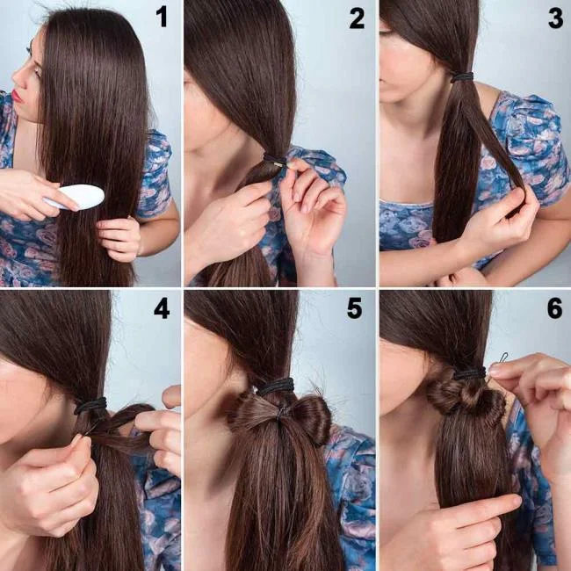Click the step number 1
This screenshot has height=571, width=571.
pyautogui.click(x=162, y=17)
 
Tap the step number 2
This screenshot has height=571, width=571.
pyautogui.click(x=356, y=18)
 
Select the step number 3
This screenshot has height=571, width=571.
pyautogui.click(x=554, y=18)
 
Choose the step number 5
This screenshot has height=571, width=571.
pyautogui.click(x=354, y=309)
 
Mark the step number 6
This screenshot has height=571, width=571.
pyautogui.click(x=553, y=309)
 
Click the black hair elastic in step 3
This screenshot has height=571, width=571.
pyautogui.click(x=462, y=77)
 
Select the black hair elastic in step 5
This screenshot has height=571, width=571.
pyautogui.click(x=275, y=387)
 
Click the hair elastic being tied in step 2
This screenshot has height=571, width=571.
pyautogui.click(x=275, y=161)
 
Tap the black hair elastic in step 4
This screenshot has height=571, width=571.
pyautogui.click(x=90, y=406)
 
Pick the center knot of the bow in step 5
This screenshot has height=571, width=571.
pyautogui.click(x=282, y=411)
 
